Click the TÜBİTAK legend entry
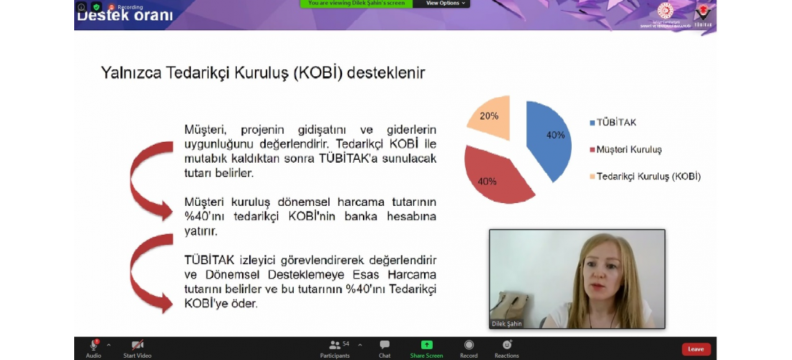[613, 122]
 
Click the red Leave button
[696, 349]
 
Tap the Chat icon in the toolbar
[384, 346]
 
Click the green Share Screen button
[426, 346]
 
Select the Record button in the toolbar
[469, 346]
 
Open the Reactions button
[506, 346]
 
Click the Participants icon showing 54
[335, 346]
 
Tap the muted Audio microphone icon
[94, 346]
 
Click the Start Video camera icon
[137, 346]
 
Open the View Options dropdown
[446, 4]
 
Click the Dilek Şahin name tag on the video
[507, 324]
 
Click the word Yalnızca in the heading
[132, 73]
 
